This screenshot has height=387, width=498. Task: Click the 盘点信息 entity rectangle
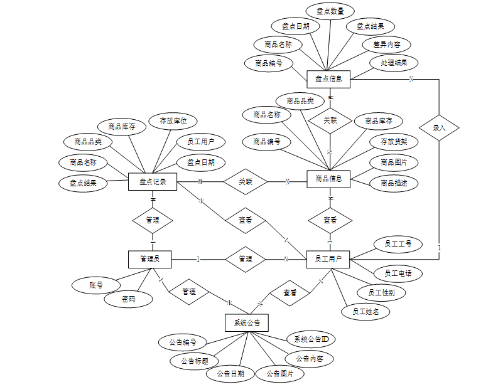[x=328, y=79]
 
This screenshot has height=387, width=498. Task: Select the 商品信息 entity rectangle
[x=328, y=179]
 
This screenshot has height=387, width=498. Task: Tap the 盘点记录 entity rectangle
[x=153, y=182]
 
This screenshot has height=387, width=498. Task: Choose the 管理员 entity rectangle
[x=150, y=258]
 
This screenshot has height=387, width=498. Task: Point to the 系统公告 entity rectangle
[x=247, y=322]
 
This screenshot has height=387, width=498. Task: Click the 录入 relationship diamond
[x=439, y=127]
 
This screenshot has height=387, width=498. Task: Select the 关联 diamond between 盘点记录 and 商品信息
[x=246, y=182]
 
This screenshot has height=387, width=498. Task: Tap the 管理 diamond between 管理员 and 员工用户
[x=246, y=258]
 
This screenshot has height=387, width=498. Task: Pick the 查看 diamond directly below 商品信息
[x=330, y=220]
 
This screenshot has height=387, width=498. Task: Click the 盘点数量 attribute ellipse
[x=330, y=11]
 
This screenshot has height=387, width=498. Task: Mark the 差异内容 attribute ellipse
[x=387, y=45]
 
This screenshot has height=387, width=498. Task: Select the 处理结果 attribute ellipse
[x=394, y=63]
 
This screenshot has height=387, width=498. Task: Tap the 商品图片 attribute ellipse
[x=394, y=162]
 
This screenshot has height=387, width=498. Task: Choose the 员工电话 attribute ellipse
[x=398, y=273]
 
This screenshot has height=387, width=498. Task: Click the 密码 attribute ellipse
[x=128, y=300]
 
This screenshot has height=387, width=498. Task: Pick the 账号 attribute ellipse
[x=96, y=285]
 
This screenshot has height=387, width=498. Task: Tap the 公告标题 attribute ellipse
[x=194, y=361]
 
